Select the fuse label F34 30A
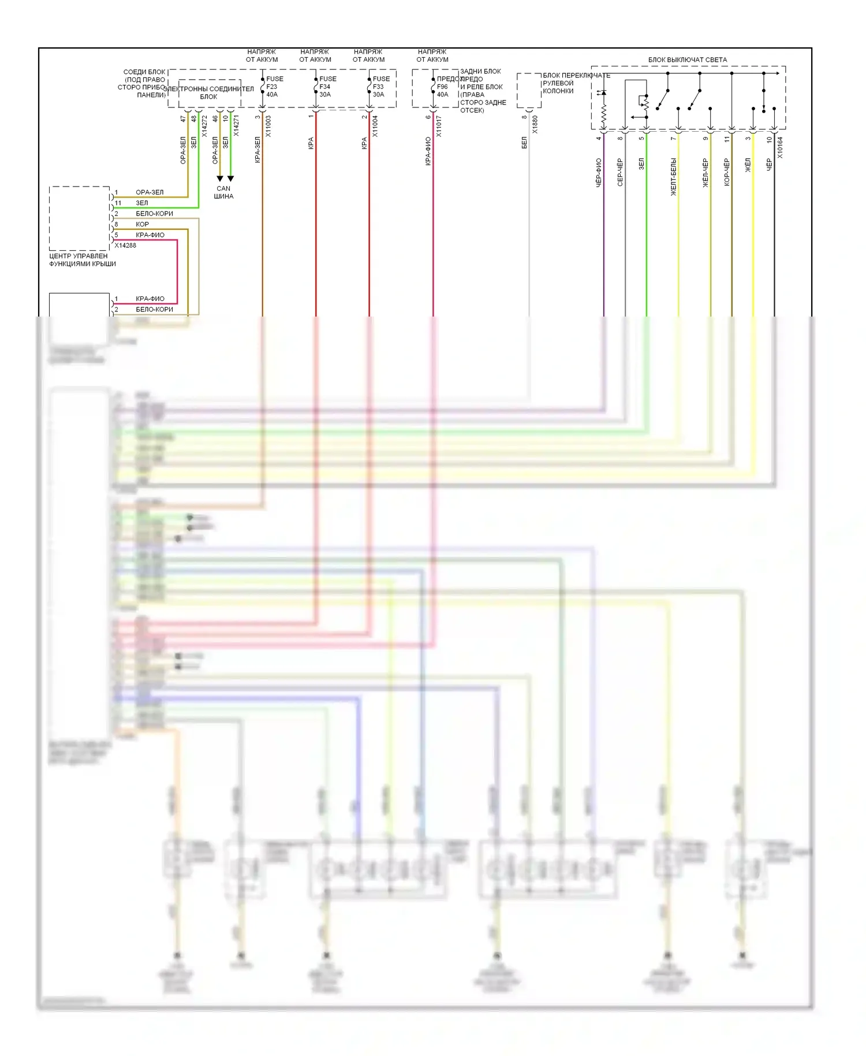click(327, 87)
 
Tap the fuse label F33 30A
click(380, 87)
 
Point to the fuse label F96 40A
click(443, 87)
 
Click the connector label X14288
click(125, 246)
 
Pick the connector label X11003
click(268, 126)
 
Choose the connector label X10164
click(780, 147)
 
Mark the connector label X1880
click(535, 125)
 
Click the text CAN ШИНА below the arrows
click(223, 192)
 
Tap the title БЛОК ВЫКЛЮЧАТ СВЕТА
click(687, 60)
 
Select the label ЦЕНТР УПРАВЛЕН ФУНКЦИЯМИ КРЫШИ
click(82, 260)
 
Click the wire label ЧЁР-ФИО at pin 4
click(599, 172)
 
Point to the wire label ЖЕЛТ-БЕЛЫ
click(673, 177)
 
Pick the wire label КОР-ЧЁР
click(727, 172)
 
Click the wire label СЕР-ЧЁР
click(620, 172)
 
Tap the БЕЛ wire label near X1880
click(524, 143)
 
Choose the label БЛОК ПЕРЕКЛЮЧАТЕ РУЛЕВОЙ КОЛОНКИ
click(576, 83)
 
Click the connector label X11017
click(439, 126)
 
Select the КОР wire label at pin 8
click(142, 224)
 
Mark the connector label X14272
click(204, 126)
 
